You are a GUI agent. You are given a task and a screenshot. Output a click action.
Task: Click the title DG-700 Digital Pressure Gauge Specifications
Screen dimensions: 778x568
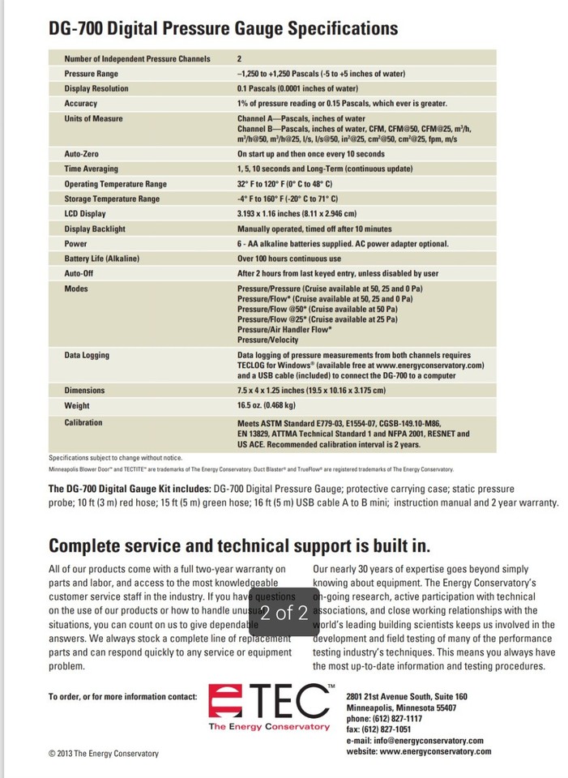223,29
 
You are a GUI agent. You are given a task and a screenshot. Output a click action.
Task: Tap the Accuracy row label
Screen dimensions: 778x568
81,104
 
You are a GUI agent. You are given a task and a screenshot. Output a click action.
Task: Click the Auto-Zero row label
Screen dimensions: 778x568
83,153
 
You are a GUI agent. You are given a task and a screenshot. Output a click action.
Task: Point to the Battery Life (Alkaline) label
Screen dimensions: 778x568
102,258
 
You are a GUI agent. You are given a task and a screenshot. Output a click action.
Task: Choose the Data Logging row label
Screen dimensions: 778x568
88,355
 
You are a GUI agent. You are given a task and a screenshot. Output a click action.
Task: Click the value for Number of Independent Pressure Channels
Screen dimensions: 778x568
240,58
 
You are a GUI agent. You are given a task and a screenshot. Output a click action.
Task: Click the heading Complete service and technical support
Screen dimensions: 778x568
240,545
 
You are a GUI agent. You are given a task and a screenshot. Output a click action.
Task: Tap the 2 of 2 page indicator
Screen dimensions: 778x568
284,613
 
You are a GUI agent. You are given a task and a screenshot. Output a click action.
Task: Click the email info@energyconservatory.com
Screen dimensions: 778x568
414,741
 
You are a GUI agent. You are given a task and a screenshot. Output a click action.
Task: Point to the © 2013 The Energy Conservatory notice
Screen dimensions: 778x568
104,754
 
